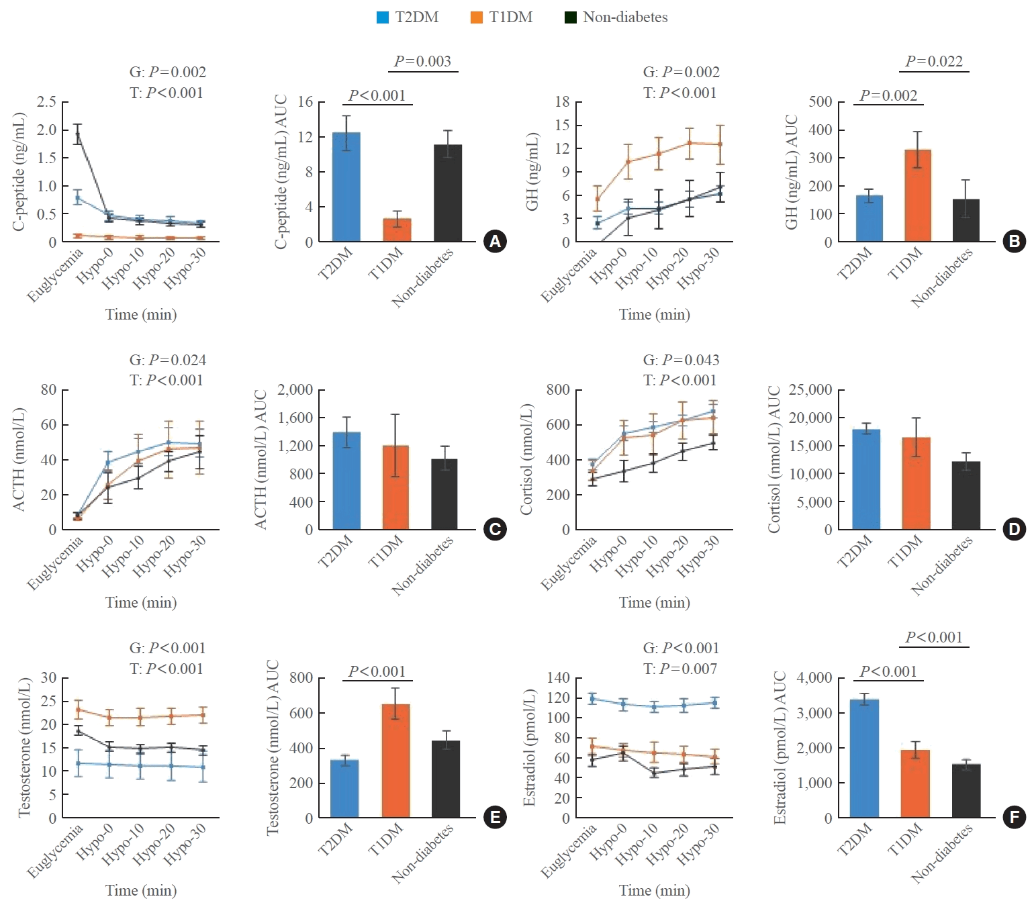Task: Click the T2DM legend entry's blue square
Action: coord(382,17)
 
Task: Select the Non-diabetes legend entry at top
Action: coord(616,17)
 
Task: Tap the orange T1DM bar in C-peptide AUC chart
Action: coord(397,230)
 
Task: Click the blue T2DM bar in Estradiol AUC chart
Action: coord(864,759)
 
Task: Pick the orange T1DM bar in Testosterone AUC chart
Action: coord(395,761)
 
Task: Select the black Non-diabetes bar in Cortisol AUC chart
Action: coord(966,495)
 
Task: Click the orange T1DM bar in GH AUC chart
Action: coord(918,195)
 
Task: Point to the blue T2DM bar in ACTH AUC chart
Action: coord(346,481)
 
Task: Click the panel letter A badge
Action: coord(495,242)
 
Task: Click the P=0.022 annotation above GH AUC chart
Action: coord(934,61)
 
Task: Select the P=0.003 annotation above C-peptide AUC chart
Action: coord(422,61)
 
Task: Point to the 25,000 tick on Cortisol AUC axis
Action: coord(810,390)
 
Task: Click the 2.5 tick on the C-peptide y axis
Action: coord(46,101)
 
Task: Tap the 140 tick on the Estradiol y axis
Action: coord(559,678)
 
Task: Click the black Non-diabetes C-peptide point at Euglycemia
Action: coord(78,135)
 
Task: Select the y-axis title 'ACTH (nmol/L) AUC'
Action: coord(261,459)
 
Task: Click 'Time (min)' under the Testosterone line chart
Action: coord(141,891)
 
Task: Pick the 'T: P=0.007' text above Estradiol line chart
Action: coord(679,669)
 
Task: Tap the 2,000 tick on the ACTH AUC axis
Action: coord(295,390)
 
